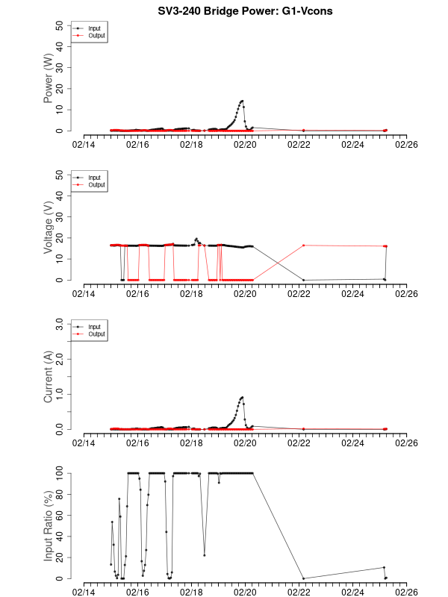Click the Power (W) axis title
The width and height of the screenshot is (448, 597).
49,78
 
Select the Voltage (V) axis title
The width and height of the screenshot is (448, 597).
49,228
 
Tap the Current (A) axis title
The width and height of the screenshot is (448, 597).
49,377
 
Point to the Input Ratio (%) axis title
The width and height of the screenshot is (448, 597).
49,526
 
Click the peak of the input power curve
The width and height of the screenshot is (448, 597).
242,101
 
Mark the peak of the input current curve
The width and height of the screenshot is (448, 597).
242,397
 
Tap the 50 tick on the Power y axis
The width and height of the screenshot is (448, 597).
60,25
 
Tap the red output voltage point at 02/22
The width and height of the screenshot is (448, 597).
303,245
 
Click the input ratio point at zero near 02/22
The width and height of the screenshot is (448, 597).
303,578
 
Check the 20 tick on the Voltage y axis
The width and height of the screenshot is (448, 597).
60,238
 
